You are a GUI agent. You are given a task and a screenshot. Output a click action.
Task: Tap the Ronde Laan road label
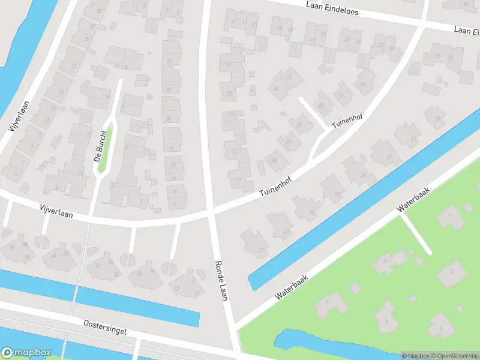(x=221, y=280)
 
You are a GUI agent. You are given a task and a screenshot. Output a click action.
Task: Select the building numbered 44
(x=53, y=256)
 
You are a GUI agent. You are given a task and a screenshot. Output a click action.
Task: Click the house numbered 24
(x=277, y=89)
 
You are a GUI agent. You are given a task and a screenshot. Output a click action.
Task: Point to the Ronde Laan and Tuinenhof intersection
(x=212, y=211)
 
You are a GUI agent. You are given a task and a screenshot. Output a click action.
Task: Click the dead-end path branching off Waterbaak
(x=416, y=234)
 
